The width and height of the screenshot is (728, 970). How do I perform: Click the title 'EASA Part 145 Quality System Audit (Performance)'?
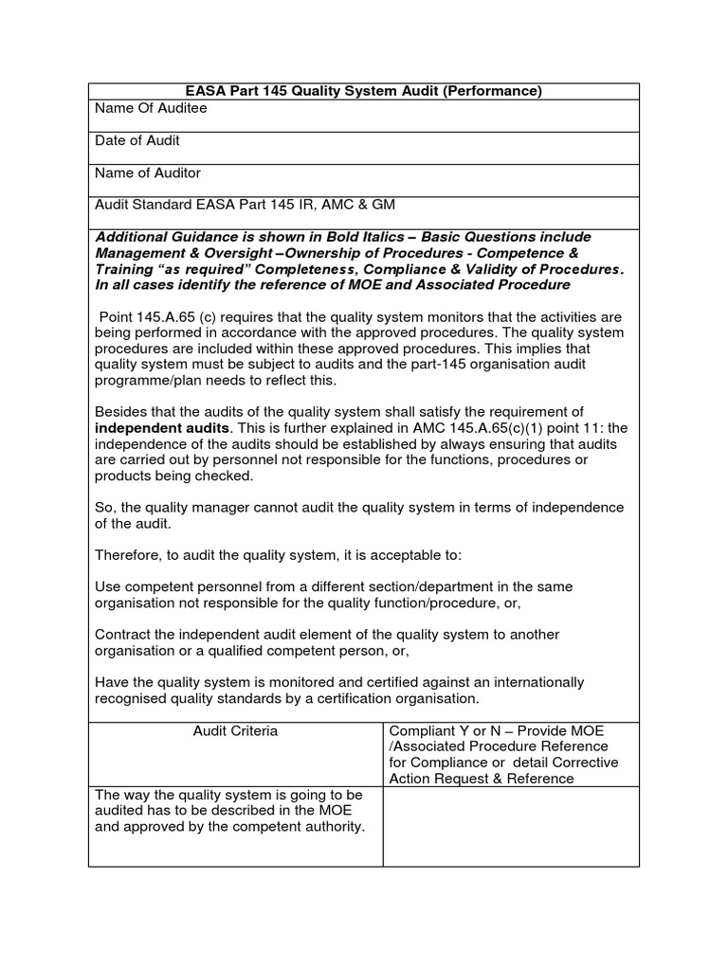363,91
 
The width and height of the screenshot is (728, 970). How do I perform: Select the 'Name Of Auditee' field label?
151,109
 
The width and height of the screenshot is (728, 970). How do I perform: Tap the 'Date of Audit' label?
137,141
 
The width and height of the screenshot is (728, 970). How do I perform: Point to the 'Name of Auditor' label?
148,173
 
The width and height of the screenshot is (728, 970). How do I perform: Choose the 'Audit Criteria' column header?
236,731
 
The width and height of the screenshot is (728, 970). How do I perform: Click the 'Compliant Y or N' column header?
446,731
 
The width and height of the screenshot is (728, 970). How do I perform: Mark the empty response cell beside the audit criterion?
510,826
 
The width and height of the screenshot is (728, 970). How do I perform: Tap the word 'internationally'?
537,682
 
